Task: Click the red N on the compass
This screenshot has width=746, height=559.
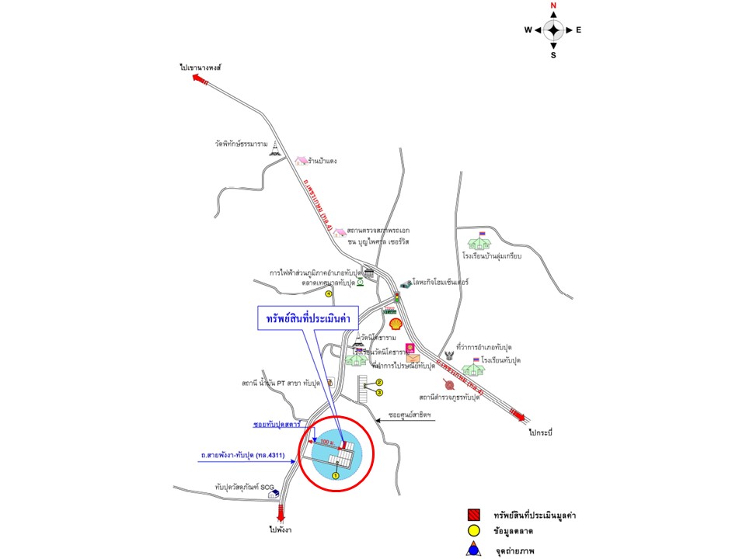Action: click(x=553, y=5)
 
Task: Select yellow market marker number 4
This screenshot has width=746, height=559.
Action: click(x=329, y=294)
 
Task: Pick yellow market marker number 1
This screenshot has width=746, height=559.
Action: click(x=336, y=475)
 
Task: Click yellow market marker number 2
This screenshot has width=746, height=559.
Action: click(x=380, y=382)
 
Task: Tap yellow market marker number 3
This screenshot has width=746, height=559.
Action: click(x=380, y=393)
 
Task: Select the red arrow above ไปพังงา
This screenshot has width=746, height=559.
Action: click(x=281, y=512)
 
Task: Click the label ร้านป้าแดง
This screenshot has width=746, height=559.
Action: click(x=322, y=161)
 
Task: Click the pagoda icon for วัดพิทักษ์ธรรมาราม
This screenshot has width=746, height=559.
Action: click(x=274, y=151)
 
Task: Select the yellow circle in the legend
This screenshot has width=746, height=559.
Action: click(x=473, y=533)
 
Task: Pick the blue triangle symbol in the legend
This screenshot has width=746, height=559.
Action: click(x=473, y=551)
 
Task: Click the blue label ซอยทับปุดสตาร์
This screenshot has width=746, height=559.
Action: click(x=277, y=425)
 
